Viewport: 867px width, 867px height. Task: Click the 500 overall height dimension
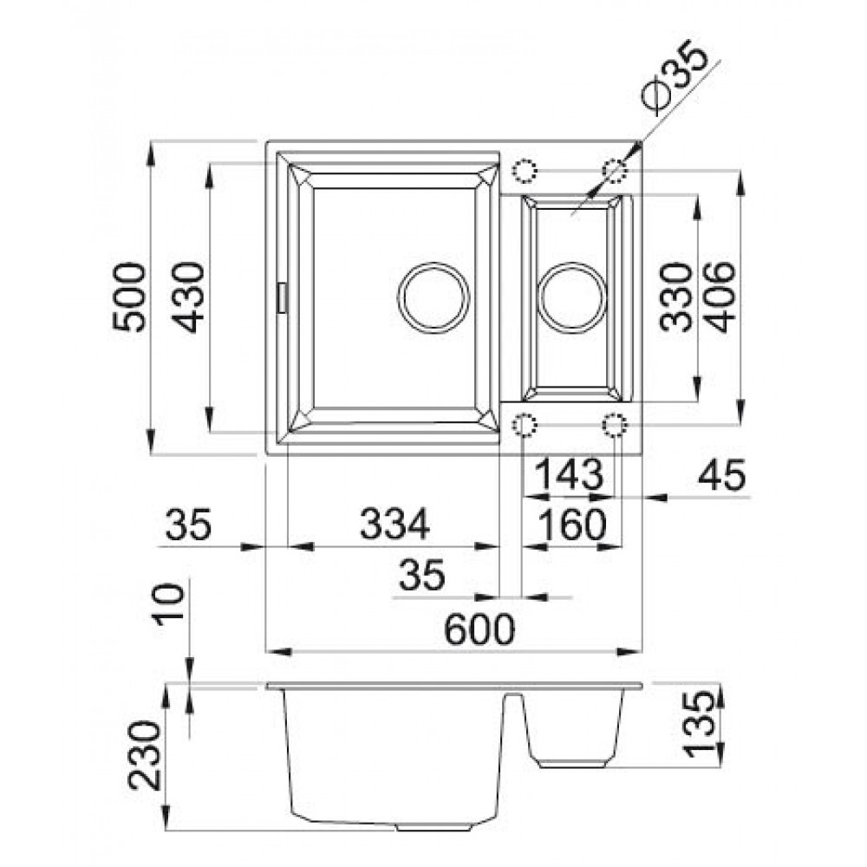pyautogui.click(x=129, y=297)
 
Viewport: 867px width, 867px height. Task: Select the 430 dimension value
pyautogui.click(x=187, y=297)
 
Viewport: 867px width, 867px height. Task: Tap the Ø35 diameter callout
pyautogui.click(x=675, y=77)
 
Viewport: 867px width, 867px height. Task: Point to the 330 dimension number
pyautogui.click(x=675, y=297)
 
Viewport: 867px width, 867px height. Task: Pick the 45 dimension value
pyautogui.click(x=721, y=474)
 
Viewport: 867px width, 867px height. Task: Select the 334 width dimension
pyautogui.click(x=394, y=524)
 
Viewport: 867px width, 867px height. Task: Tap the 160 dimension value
pyautogui.click(x=572, y=525)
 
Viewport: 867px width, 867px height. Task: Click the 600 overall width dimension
pyautogui.click(x=479, y=629)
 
